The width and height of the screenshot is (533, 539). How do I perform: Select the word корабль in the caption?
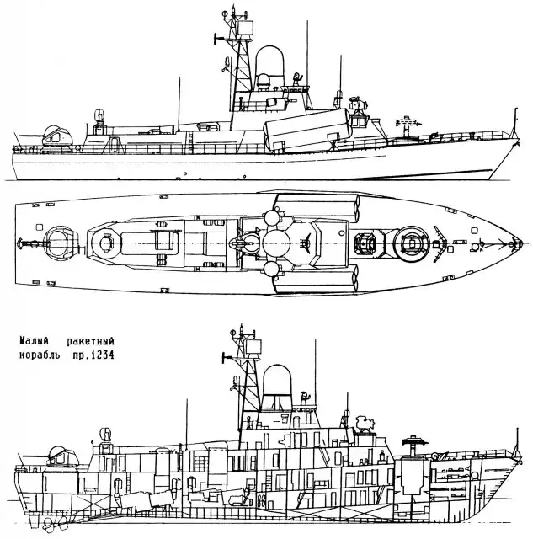(40, 355)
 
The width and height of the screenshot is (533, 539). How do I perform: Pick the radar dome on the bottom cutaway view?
(277, 384)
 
